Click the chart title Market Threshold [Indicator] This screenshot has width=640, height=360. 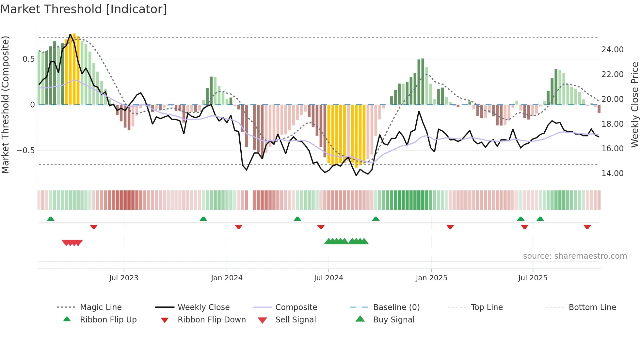[x=84, y=9]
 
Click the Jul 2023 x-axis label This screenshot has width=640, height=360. [x=124, y=278]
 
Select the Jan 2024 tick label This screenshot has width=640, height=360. [x=227, y=278]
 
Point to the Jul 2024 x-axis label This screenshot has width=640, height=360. [x=328, y=278]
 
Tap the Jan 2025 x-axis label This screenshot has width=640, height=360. [x=431, y=278]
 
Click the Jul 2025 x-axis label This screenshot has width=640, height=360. [x=533, y=278]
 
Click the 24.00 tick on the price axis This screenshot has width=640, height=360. [x=612, y=50]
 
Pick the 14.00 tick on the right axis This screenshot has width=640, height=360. [x=612, y=173]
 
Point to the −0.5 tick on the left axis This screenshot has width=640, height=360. [x=25, y=151]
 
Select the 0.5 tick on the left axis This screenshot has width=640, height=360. [x=28, y=59]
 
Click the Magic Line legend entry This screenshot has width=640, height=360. [x=101, y=307]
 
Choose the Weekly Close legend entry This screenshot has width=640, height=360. [x=203, y=307]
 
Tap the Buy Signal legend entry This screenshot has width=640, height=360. [x=393, y=320]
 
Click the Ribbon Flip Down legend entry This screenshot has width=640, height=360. [x=212, y=320]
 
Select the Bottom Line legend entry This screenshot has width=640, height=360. [x=592, y=307]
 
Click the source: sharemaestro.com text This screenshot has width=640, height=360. [x=575, y=256]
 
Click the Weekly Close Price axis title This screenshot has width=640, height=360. [x=634, y=105]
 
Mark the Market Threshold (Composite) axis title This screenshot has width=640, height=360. [x=5, y=105]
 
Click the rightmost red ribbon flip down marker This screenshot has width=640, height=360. [x=587, y=227]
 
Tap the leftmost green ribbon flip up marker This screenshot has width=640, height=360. [x=51, y=219]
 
